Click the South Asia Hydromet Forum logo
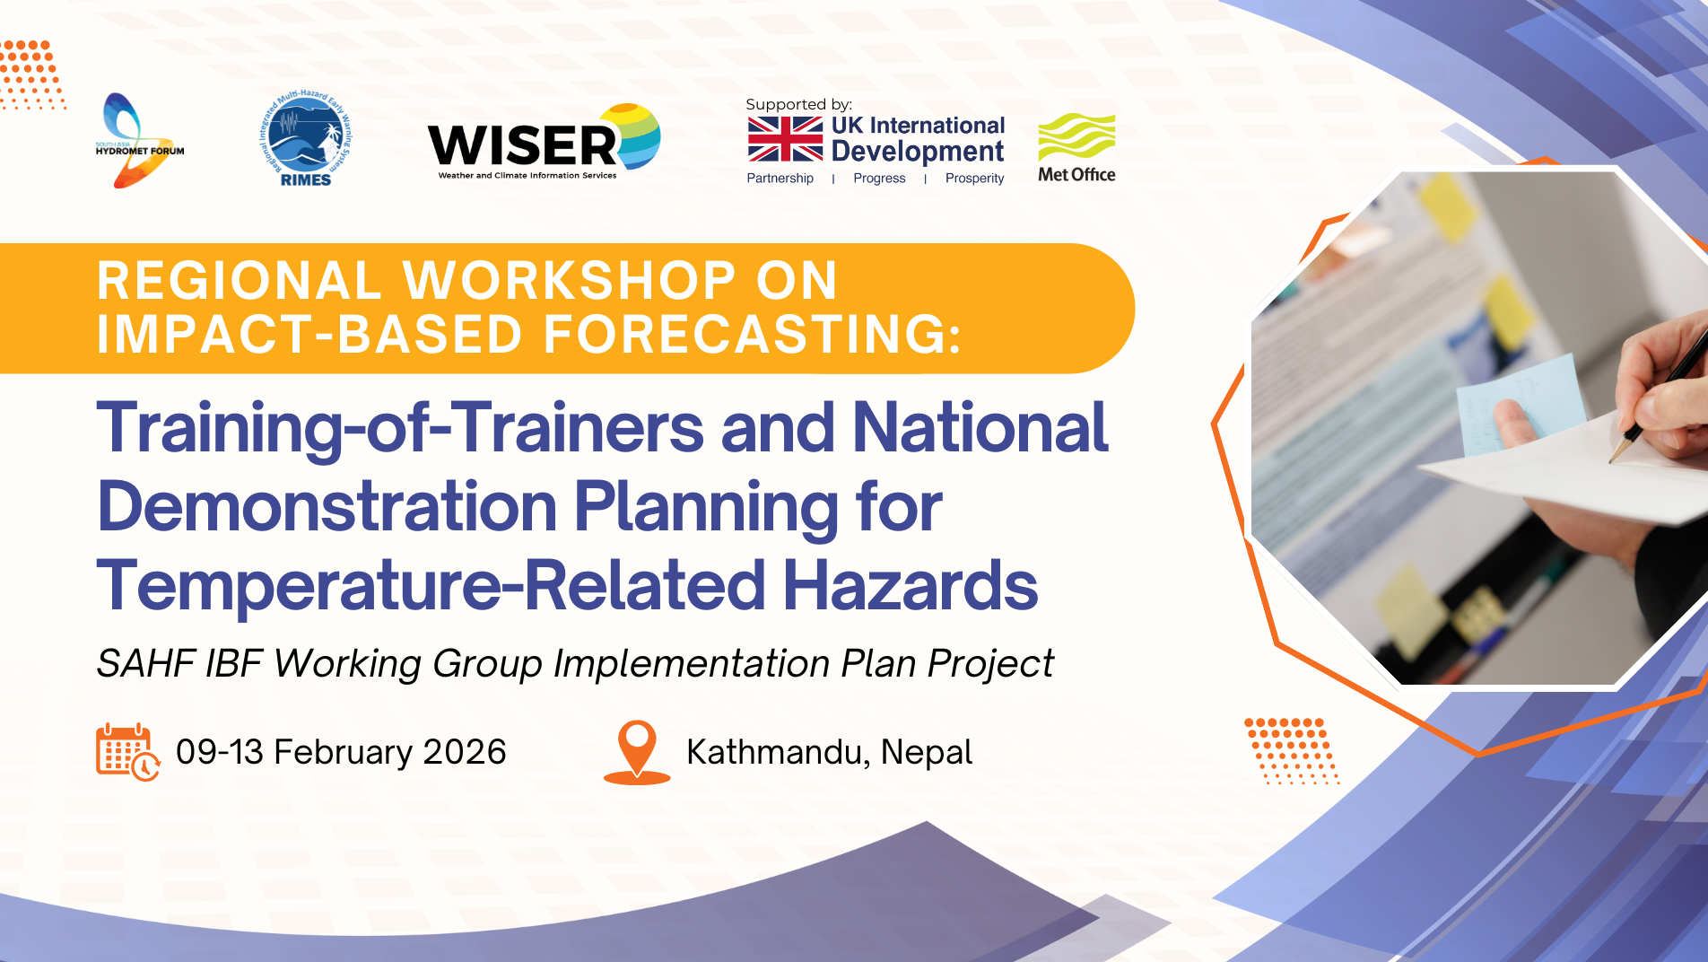139,141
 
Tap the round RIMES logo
305,138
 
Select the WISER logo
545,142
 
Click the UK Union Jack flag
785,139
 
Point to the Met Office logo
1076,148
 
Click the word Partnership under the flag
780,179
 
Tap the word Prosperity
974,179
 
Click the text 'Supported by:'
798,104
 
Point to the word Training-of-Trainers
400,428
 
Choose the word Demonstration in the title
327,507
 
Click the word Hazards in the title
911,586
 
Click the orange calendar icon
127,752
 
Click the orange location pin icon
637,752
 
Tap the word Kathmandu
778,752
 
